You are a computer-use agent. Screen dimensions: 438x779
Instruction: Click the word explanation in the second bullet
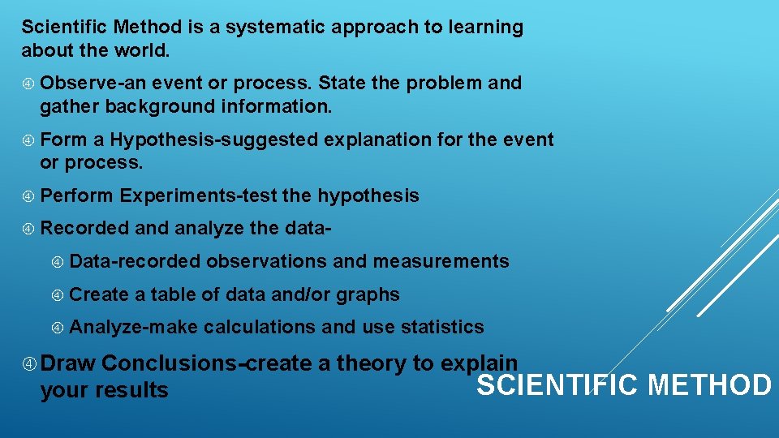coord(377,140)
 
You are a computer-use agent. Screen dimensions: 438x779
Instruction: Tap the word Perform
coord(76,195)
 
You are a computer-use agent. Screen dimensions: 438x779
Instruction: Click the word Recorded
coord(84,228)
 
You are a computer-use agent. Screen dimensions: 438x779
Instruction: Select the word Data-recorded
coord(135,261)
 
